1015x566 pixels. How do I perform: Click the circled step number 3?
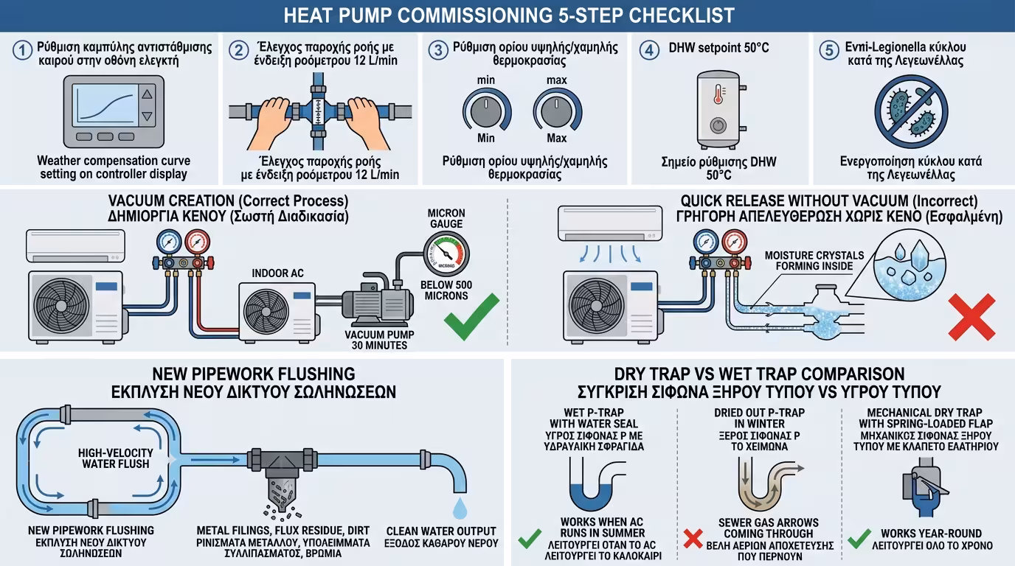(x=439, y=50)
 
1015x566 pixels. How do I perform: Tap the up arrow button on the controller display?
(x=148, y=94)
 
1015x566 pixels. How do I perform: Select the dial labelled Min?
(x=486, y=110)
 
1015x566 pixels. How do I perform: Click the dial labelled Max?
(x=557, y=110)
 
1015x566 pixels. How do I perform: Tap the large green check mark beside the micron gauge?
(x=471, y=316)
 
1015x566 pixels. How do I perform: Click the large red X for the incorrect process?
(x=971, y=317)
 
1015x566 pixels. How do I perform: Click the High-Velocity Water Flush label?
(x=116, y=458)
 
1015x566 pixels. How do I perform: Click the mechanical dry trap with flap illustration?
(x=925, y=486)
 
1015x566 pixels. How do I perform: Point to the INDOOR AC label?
(x=278, y=273)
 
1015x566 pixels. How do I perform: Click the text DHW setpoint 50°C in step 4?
(x=718, y=48)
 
